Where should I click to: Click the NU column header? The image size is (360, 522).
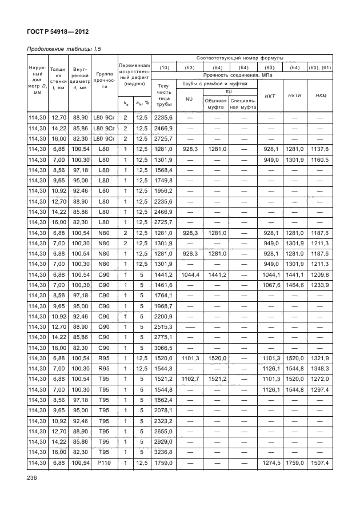189,99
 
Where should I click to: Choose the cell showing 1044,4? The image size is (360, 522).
189,274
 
